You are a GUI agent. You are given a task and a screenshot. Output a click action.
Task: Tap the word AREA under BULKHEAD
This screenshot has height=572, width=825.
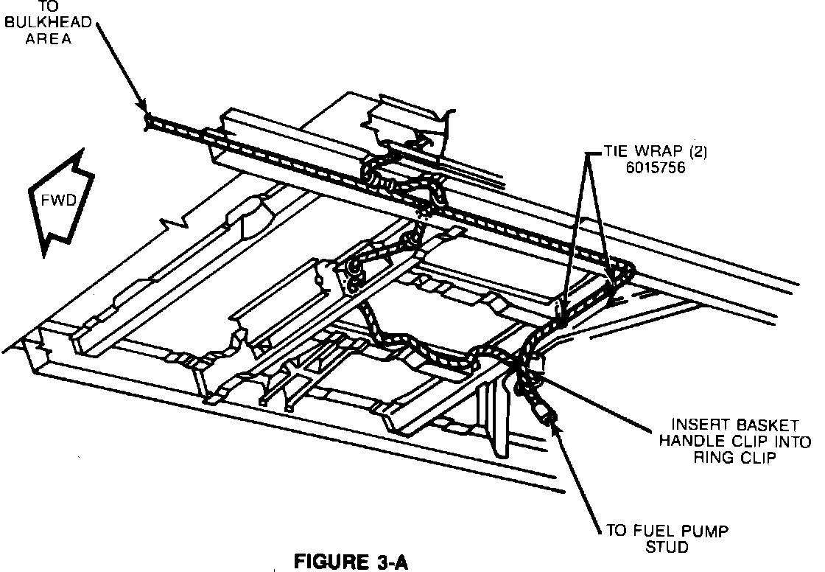(48, 38)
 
